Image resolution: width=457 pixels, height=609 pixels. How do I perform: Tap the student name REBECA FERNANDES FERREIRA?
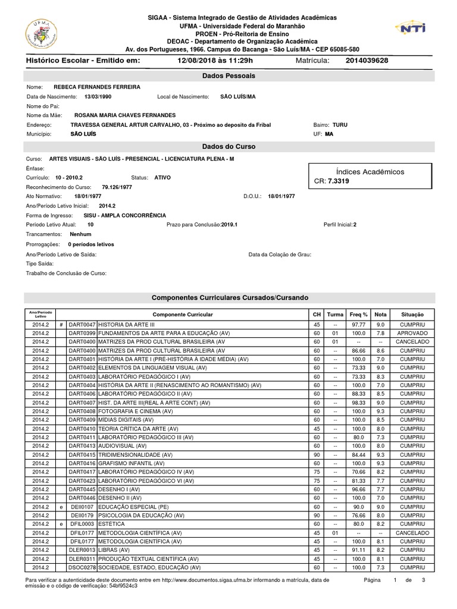(97, 87)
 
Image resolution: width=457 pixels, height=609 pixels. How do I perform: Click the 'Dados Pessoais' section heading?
(228, 76)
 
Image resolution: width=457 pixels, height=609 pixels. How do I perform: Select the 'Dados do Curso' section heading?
(228, 146)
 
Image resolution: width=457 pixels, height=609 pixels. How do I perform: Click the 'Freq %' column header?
(358, 314)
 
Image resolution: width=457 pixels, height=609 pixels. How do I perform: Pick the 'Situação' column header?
(412, 314)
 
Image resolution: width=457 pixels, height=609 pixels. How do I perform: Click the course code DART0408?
(82, 412)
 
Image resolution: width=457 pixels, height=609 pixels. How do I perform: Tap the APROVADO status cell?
(412, 334)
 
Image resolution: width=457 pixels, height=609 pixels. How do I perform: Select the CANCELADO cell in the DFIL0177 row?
(412, 533)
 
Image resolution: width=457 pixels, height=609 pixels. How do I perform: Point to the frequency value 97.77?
(358, 325)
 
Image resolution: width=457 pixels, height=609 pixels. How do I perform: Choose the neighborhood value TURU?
(340, 125)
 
